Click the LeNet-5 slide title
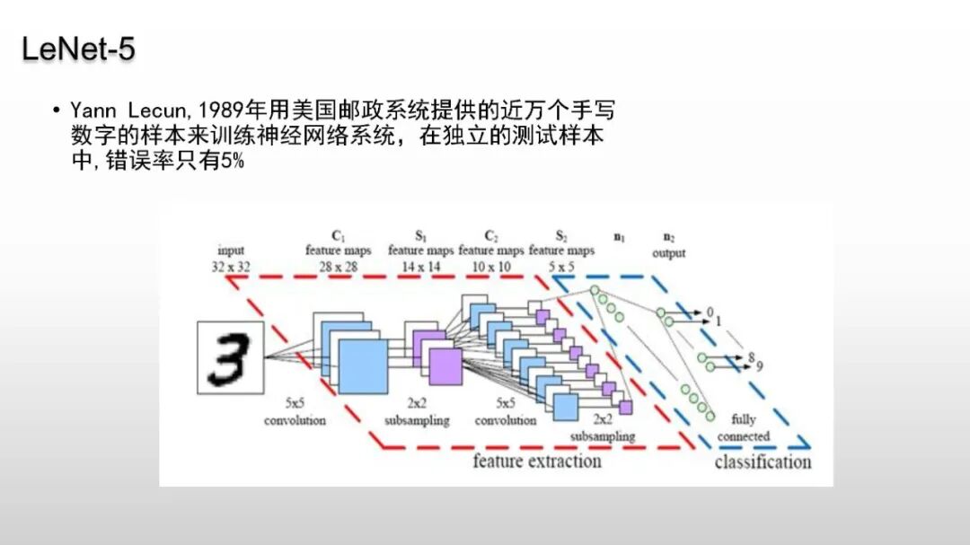pyautogui.click(x=78, y=49)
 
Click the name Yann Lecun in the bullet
pyautogui.click(x=117, y=110)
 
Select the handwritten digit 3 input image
pyautogui.click(x=231, y=356)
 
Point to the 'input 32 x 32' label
pyautogui.click(x=231, y=259)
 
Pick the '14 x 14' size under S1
pyautogui.click(x=420, y=267)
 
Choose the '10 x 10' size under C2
pyautogui.click(x=490, y=267)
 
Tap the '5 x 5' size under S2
pyautogui.click(x=561, y=267)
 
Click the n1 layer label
pyautogui.click(x=620, y=238)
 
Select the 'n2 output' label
pyautogui.click(x=668, y=246)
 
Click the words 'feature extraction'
pyautogui.click(x=536, y=461)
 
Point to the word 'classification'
pyautogui.click(x=763, y=462)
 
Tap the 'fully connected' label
pyautogui.click(x=744, y=427)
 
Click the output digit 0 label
pyautogui.click(x=710, y=312)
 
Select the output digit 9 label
pyautogui.click(x=760, y=365)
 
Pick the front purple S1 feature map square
pyautogui.click(x=445, y=366)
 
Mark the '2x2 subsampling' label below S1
pyautogui.click(x=417, y=413)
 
